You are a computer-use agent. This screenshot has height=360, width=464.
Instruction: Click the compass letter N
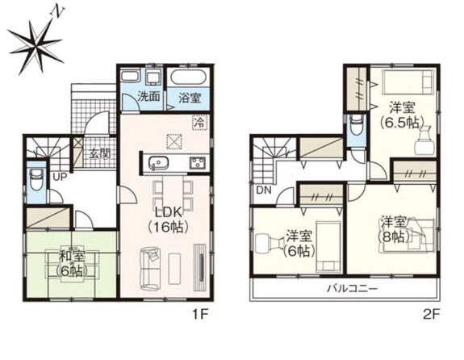point(58,12)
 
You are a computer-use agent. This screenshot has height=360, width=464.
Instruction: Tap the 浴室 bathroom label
point(190,98)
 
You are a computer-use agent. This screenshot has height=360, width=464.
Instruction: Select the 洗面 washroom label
point(149,97)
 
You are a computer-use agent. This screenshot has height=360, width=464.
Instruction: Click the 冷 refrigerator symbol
point(200,123)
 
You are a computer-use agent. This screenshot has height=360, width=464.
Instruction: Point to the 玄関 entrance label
point(100,153)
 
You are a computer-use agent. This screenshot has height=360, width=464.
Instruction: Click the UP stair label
point(60,177)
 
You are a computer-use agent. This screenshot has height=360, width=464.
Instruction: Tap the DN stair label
point(264,190)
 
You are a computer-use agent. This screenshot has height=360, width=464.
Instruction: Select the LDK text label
point(169,212)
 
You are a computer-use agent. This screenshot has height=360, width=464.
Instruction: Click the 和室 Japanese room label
point(72,257)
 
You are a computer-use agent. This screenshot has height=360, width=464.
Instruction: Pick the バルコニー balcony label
point(352,288)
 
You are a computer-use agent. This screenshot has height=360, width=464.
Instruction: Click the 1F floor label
point(201,314)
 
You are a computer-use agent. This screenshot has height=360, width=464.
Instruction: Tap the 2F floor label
point(431,314)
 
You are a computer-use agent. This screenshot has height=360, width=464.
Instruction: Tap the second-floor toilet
point(356,124)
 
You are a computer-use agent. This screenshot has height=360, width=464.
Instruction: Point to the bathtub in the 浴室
point(190,77)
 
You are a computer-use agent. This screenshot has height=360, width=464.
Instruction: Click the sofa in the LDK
point(150,269)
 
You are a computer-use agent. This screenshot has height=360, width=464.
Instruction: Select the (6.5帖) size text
point(402,122)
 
